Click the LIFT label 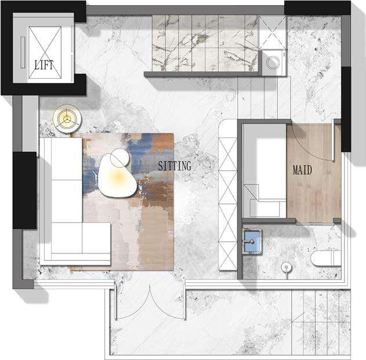point(44,64)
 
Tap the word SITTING point(175,166)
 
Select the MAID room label point(302,170)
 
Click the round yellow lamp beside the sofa point(67,118)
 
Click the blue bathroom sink point(253,241)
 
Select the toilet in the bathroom point(326,259)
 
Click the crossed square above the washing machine point(273,32)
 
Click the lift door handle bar point(23,52)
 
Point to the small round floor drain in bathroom point(287,267)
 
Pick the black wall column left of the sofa point(25,190)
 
